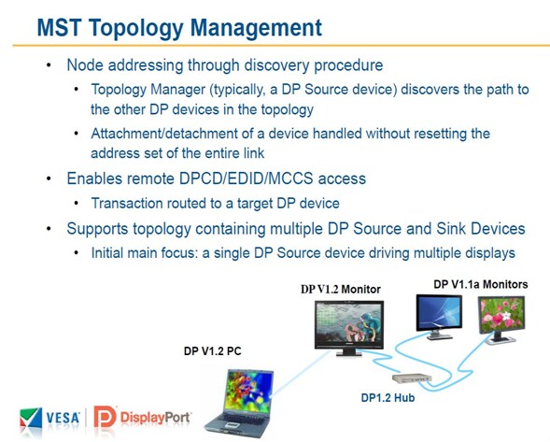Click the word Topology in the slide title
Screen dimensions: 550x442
tap(135, 28)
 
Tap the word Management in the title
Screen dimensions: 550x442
tap(256, 27)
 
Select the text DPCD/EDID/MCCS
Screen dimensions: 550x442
tap(246, 178)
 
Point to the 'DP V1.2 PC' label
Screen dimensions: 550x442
tap(213, 351)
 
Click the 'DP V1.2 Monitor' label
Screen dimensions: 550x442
tap(341, 290)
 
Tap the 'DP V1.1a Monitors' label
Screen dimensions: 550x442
tap(481, 284)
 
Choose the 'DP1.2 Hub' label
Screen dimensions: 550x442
tap(388, 398)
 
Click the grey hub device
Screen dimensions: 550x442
tap(412, 378)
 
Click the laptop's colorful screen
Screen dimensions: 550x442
tap(248, 390)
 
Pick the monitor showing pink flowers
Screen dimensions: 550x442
tap(501, 319)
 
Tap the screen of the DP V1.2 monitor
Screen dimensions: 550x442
tap(348, 323)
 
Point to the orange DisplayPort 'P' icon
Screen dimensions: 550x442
tap(105, 417)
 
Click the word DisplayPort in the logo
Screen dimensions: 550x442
tap(155, 418)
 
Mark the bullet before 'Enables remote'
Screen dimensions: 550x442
tap(49, 178)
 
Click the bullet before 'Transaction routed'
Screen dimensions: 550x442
tap(77, 204)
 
